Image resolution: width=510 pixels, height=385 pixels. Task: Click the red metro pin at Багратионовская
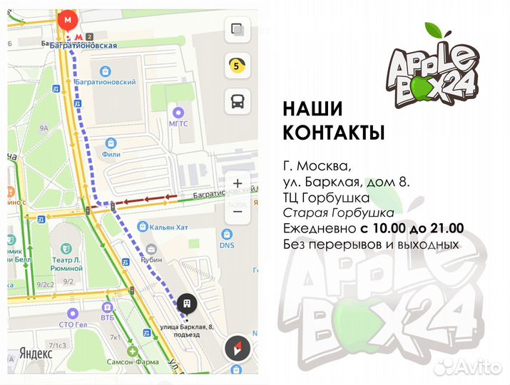click(68, 21)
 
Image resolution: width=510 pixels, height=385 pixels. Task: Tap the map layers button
click(236, 31)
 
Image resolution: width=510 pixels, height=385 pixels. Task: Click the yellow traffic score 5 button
click(236, 66)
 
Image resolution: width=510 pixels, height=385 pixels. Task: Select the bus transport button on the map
click(236, 102)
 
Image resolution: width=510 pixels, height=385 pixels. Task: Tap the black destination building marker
click(186, 304)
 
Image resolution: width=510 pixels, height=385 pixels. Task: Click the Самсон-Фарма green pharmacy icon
click(132, 351)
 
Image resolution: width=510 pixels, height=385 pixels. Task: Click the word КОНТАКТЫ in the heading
click(334, 133)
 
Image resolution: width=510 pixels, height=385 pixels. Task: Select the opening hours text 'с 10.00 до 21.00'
click(412, 228)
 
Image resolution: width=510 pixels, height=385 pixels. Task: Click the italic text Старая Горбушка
click(338, 212)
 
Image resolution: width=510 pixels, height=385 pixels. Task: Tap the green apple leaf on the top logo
click(435, 31)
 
